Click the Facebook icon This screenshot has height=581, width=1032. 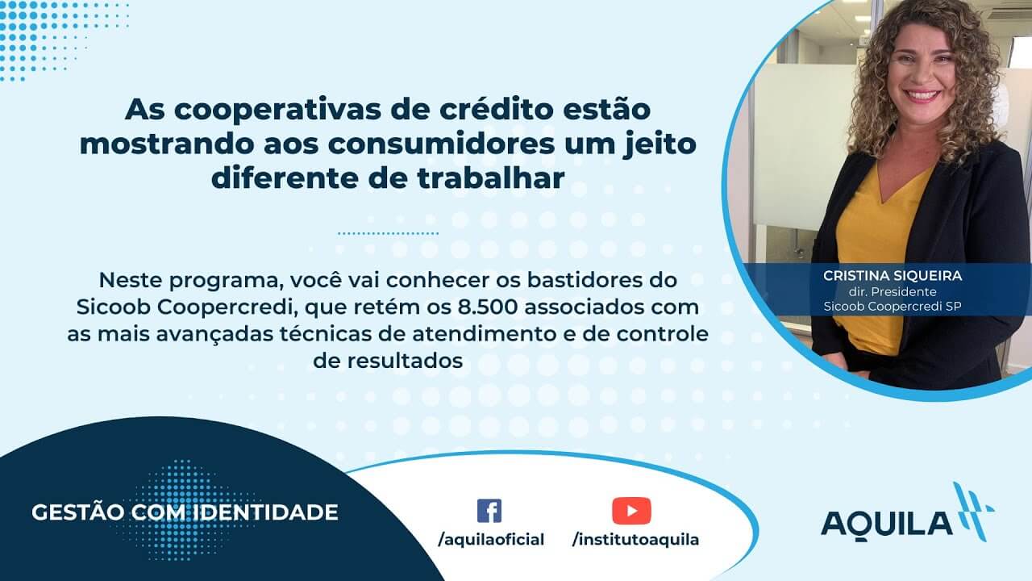489,511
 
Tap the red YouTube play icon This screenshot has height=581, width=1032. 631,511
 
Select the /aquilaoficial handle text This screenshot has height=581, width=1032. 491,540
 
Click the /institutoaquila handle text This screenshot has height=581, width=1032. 636,540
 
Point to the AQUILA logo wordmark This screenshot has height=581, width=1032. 887,525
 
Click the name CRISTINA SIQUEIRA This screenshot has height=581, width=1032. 893,276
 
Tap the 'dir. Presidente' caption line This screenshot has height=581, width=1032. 893,292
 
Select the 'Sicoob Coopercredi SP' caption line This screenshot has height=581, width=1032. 893,307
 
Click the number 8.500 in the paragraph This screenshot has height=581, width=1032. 488,307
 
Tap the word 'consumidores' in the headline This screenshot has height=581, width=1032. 441,144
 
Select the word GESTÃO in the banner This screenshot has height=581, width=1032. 78,512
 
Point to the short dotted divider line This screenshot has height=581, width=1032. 389,233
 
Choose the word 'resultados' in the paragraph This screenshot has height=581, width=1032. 405,361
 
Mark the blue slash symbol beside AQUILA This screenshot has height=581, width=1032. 973,512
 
